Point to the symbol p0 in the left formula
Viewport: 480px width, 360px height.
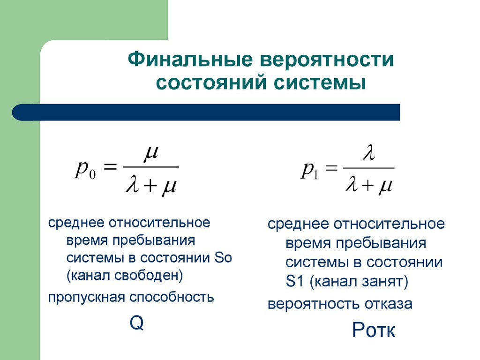(x=85, y=170)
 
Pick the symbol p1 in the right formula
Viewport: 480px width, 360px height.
(x=309, y=170)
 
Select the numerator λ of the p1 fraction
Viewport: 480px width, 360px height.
(x=368, y=153)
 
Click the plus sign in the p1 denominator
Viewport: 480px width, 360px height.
(x=367, y=187)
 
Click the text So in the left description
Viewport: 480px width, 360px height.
(x=223, y=258)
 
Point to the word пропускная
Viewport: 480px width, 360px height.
(x=86, y=297)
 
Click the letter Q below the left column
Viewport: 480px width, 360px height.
(x=136, y=323)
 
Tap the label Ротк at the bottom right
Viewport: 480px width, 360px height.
(x=374, y=330)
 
